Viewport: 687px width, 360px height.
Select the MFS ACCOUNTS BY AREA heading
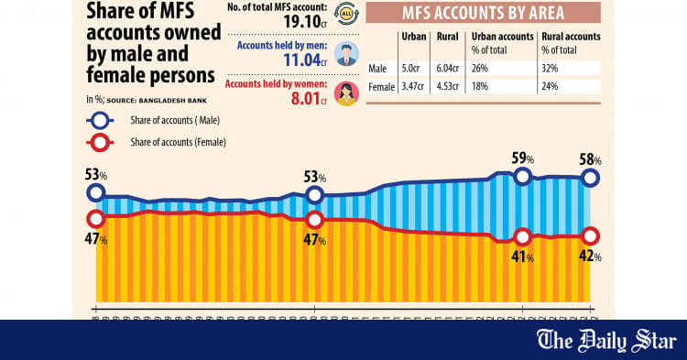pyautogui.click(x=483, y=13)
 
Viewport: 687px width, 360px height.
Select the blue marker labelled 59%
pyautogui.click(x=523, y=177)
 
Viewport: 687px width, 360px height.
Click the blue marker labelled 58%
pyautogui.click(x=591, y=179)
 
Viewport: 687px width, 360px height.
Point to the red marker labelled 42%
pyautogui.click(x=591, y=235)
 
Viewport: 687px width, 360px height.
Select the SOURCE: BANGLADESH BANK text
pyautogui.click(x=150, y=99)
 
